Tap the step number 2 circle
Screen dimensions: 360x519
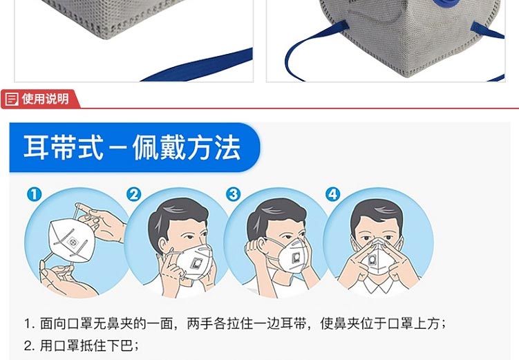point(134,194)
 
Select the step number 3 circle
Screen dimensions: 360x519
point(234,194)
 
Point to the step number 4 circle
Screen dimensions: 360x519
point(333,194)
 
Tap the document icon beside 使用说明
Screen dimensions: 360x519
point(12,100)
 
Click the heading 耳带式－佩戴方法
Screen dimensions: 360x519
point(131,147)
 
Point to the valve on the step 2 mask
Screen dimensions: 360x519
point(196,263)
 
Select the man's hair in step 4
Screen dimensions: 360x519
point(377,209)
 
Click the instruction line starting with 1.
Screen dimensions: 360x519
point(235,323)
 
